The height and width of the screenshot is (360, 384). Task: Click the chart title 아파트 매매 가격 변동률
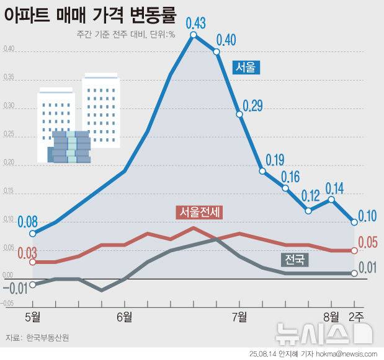click(x=90, y=14)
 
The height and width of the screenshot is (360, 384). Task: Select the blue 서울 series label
click(x=246, y=67)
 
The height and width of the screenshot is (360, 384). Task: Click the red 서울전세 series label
click(x=199, y=213)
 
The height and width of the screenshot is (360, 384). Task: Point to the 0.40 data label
click(x=226, y=41)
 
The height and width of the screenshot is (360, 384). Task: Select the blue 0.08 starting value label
click(x=28, y=221)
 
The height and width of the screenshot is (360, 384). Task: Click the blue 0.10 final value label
click(x=368, y=216)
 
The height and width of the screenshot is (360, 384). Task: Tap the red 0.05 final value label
click(x=368, y=242)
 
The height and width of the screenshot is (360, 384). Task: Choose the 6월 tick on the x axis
click(x=123, y=318)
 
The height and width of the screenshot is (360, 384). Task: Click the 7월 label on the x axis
click(x=239, y=318)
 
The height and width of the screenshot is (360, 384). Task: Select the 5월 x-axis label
click(x=33, y=318)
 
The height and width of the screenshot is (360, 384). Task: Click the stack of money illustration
click(x=70, y=147)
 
